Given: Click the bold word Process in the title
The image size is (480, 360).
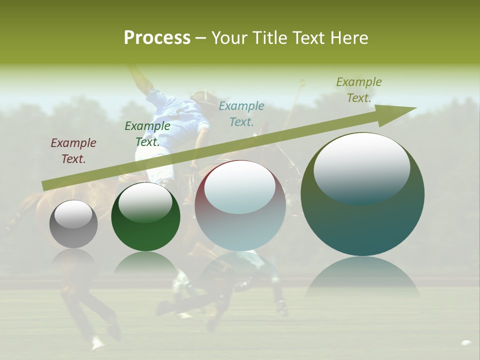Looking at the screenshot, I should tap(157, 38).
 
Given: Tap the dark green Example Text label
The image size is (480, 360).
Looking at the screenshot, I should tap(147, 134).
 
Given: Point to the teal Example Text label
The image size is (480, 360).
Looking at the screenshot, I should tap(241, 113).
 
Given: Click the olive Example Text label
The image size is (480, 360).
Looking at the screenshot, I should tap(359, 90).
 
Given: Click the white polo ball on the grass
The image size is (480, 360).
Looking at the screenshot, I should tap(466, 343).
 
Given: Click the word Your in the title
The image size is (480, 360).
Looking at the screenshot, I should tap(230, 38).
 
